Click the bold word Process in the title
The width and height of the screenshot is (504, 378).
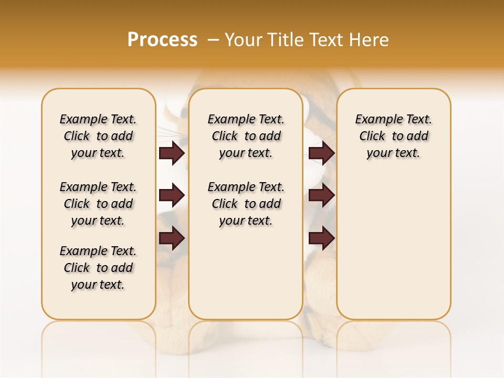click(162, 40)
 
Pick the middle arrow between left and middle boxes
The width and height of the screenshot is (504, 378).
click(172, 195)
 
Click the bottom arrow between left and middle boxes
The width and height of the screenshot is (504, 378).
click(172, 238)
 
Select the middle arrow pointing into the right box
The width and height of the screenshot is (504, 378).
click(321, 195)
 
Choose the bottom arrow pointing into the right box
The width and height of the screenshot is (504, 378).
click(321, 238)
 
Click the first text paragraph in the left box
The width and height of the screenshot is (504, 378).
click(98, 136)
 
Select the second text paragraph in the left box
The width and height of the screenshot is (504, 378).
click(98, 204)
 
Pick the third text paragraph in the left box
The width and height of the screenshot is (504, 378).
click(98, 268)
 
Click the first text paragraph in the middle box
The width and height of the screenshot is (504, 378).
click(246, 136)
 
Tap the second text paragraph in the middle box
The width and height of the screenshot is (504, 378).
click(246, 204)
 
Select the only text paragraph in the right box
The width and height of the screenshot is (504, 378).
click(393, 136)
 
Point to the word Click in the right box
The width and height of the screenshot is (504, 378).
click(372, 136)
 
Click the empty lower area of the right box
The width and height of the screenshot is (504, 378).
click(393, 252)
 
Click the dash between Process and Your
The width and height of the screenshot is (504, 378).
click(212, 40)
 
